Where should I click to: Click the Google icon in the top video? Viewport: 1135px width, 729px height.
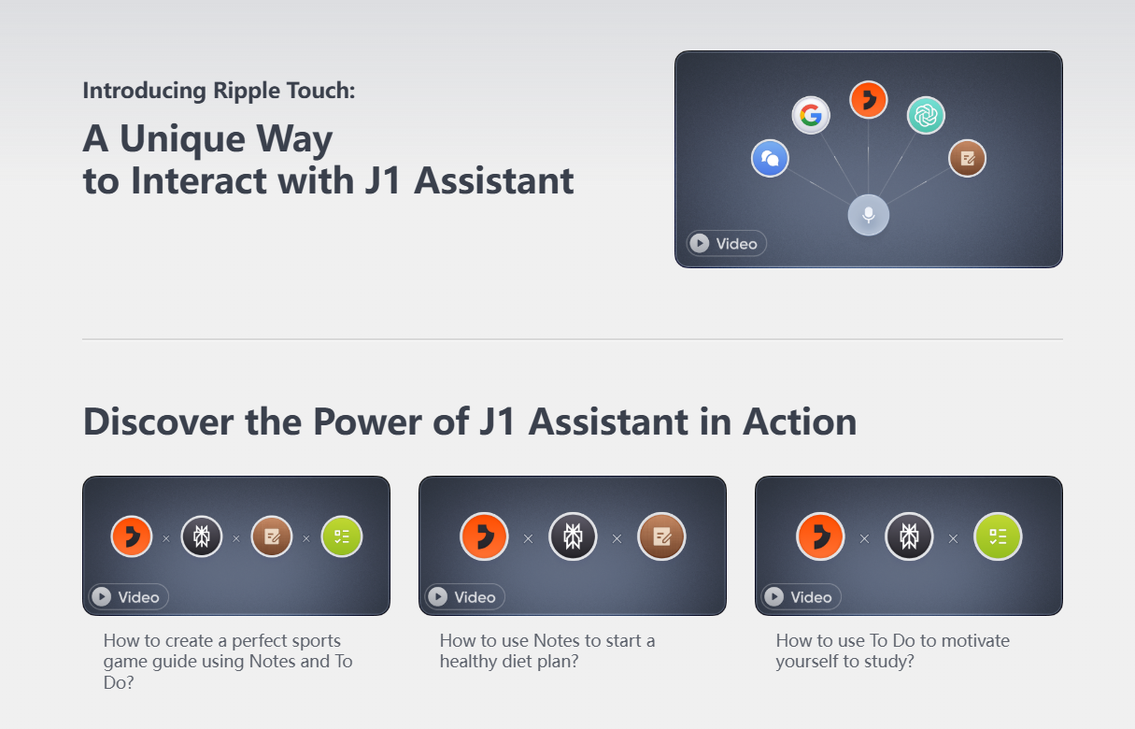click(x=811, y=115)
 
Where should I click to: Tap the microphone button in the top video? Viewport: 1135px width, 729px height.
click(x=869, y=215)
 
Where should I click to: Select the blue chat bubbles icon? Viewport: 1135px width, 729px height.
click(x=770, y=158)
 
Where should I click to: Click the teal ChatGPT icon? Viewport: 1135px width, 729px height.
click(x=926, y=115)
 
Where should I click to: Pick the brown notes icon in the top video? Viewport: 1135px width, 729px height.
click(x=967, y=158)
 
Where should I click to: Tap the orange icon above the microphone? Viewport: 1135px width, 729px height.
click(x=868, y=99)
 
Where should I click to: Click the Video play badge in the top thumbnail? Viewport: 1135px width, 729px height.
click(x=726, y=243)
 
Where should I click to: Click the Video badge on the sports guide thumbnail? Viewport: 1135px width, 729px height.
click(x=128, y=596)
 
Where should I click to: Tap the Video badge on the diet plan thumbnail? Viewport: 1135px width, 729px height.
click(x=464, y=596)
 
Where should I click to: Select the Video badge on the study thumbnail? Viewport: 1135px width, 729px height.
click(x=802, y=596)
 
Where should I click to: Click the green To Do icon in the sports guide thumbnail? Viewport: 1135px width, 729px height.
click(x=342, y=536)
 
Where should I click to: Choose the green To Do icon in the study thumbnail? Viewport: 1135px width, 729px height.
click(x=998, y=536)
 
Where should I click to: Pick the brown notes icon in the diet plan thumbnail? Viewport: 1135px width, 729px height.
click(x=661, y=536)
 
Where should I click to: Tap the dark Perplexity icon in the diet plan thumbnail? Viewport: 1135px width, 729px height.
click(x=573, y=536)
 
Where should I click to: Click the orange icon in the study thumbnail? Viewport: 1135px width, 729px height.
click(x=820, y=536)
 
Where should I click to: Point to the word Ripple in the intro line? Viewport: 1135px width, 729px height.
click(x=247, y=91)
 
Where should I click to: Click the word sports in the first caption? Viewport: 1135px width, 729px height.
click(x=313, y=641)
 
